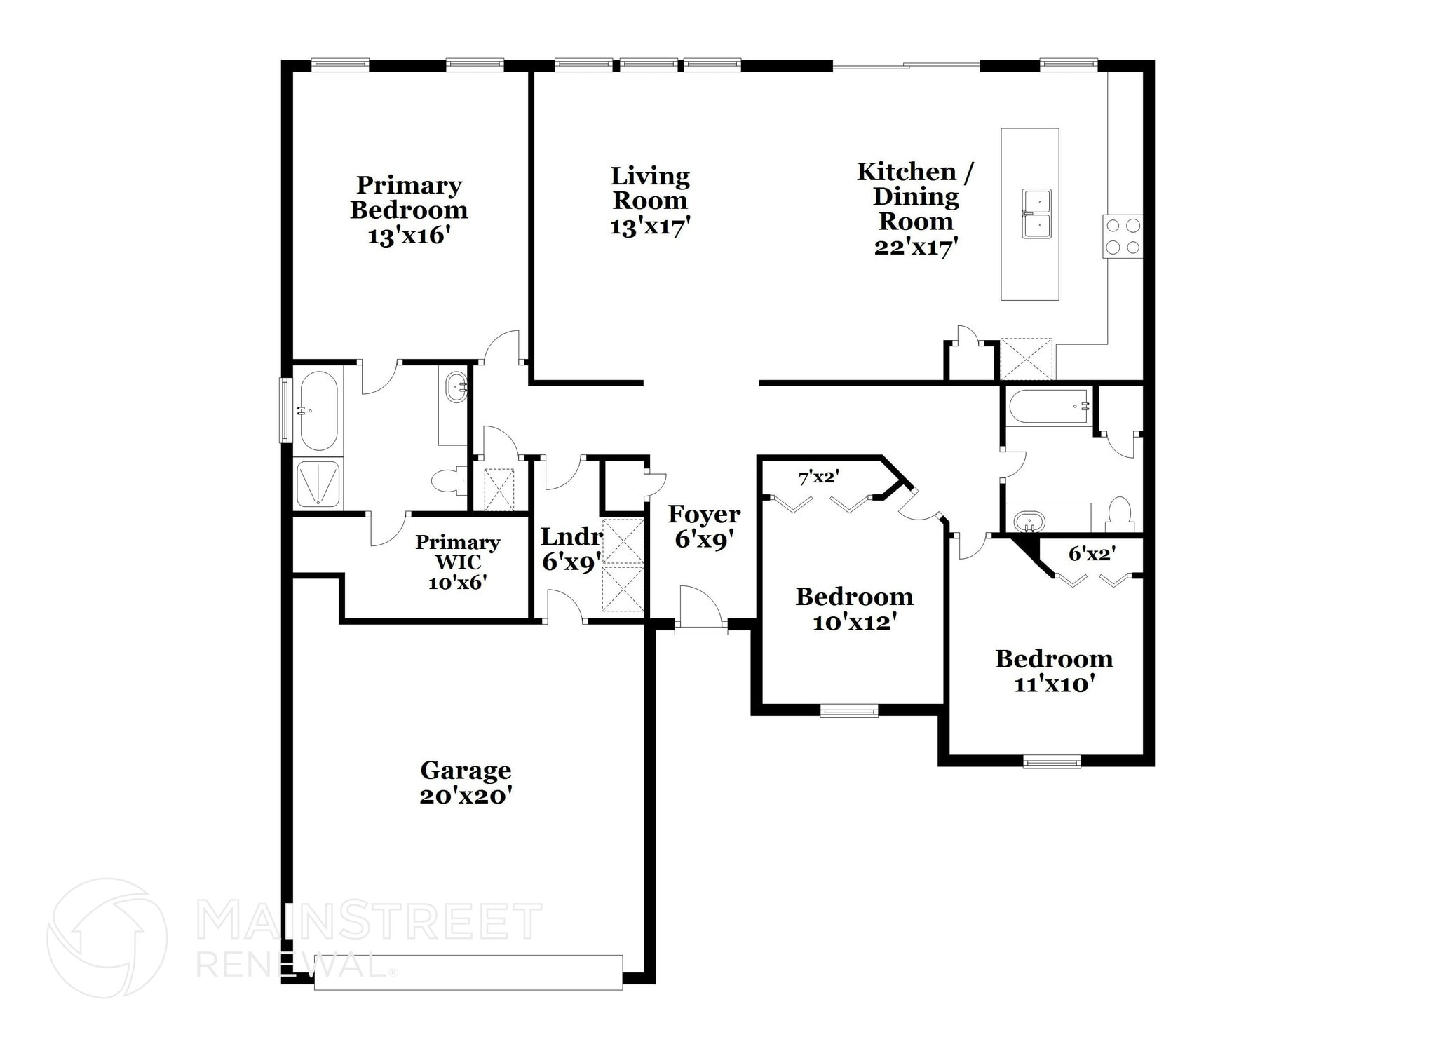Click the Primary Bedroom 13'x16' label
pyautogui.click(x=409, y=210)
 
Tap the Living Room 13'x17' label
pyautogui.click(x=650, y=201)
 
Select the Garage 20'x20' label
pyautogui.click(x=466, y=783)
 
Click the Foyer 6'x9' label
pyautogui.click(x=704, y=527)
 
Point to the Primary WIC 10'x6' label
pyautogui.click(x=458, y=562)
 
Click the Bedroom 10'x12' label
pyautogui.click(x=854, y=609)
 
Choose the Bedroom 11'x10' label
pyautogui.click(x=1054, y=671)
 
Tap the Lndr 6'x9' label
pyautogui.click(x=571, y=549)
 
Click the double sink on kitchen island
pyautogui.click(x=1036, y=213)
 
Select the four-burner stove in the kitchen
pyautogui.click(x=1122, y=236)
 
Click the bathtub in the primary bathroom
pyautogui.click(x=318, y=410)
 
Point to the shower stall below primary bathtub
pyautogui.click(x=318, y=483)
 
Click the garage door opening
pyautogui.click(x=468, y=972)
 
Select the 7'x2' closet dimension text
pyautogui.click(x=819, y=477)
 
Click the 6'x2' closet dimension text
pyautogui.click(x=1092, y=554)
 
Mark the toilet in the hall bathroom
pyautogui.click(x=1120, y=514)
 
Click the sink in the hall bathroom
pyautogui.click(x=1029, y=522)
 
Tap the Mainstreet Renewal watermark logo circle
pyautogui.click(x=107, y=938)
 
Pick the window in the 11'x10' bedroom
pyautogui.click(x=1051, y=761)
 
